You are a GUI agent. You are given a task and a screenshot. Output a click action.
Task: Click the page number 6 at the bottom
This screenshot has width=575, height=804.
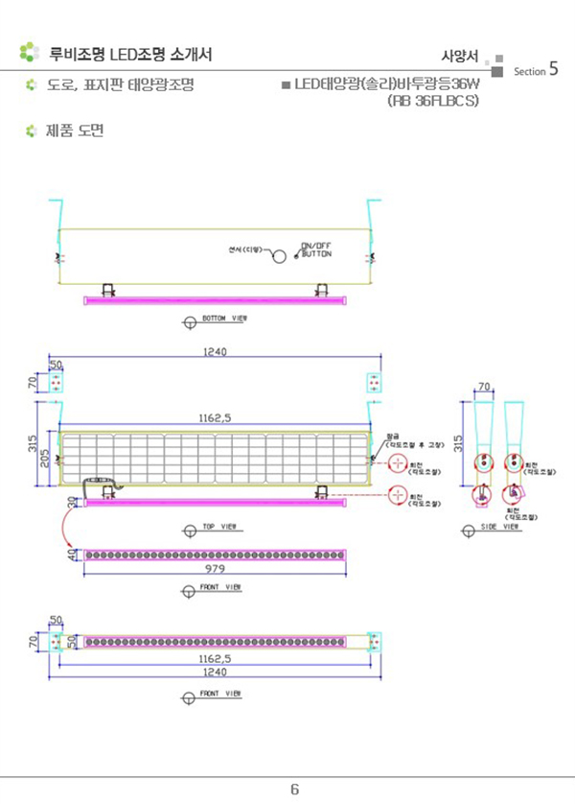tap(295, 789)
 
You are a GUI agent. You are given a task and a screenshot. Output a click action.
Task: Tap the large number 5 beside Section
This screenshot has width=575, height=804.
tap(555, 69)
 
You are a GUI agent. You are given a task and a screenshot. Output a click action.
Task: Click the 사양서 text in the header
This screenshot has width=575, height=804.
tap(459, 54)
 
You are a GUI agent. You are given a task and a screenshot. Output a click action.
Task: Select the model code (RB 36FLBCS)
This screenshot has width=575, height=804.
tap(433, 100)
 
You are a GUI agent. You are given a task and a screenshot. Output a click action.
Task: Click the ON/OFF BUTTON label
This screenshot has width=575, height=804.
tap(316, 249)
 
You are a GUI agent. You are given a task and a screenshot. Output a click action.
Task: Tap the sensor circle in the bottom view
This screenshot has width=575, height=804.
tap(276, 256)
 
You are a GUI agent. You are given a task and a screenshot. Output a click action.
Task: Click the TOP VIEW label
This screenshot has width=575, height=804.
tap(221, 528)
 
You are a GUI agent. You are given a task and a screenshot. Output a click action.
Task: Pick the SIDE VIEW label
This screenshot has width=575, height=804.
tap(500, 528)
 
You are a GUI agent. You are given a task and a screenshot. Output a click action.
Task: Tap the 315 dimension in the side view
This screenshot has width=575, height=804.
tap(458, 443)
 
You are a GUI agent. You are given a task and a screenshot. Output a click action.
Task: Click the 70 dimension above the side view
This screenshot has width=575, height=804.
tap(484, 386)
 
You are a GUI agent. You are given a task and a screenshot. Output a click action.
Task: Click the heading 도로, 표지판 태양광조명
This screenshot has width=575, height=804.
tap(121, 85)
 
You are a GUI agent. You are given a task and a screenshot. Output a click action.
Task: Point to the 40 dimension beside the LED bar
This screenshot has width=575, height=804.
tap(71, 555)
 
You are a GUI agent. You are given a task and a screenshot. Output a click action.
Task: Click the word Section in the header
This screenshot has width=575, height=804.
tap(529, 72)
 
